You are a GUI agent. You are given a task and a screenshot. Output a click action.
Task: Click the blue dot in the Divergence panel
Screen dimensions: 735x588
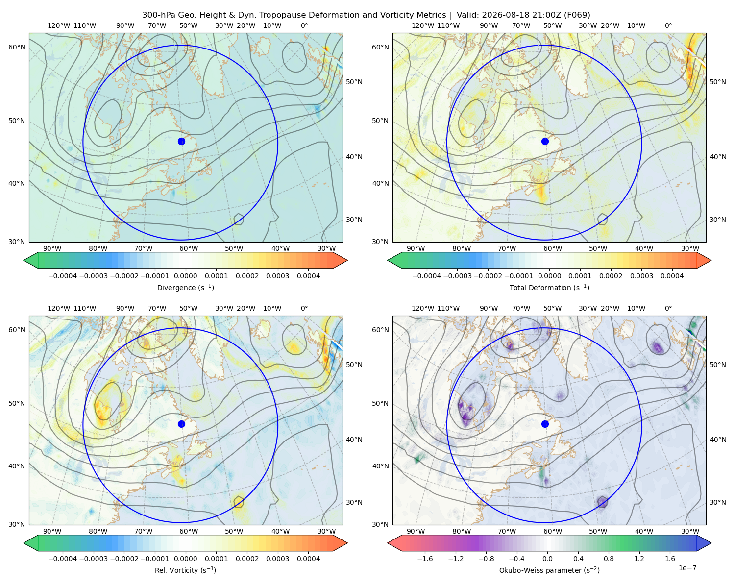(181, 141)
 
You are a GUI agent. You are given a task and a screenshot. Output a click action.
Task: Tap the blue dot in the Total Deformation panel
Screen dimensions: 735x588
(545, 141)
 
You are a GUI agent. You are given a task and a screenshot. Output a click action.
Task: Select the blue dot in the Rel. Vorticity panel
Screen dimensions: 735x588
(181, 424)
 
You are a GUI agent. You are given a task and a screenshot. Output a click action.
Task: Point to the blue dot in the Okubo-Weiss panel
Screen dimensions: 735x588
(545, 424)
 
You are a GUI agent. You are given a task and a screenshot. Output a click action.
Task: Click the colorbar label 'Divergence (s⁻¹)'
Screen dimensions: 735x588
(185, 287)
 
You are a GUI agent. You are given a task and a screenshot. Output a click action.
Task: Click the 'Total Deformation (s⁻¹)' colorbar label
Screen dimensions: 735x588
(549, 287)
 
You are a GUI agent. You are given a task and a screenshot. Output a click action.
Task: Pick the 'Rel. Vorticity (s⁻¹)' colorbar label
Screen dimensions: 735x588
(185, 570)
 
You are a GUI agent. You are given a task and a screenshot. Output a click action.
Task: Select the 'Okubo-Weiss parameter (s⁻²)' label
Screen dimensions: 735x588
(549, 570)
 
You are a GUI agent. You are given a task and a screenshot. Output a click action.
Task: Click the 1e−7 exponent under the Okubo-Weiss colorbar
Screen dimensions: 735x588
(687, 568)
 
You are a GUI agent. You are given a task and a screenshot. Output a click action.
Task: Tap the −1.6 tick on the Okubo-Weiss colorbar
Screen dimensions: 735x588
(425, 558)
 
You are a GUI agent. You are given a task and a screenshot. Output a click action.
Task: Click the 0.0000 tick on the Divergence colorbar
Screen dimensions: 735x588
(185, 276)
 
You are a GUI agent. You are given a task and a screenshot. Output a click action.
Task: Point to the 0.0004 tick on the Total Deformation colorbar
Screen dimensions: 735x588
(672, 276)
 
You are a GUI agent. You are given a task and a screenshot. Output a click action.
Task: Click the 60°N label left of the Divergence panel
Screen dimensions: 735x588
(17, 47)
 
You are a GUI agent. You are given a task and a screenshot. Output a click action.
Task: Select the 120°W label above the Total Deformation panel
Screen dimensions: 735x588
(422, 25)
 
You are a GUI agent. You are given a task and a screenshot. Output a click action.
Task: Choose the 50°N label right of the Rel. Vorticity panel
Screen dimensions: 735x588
(354, 365)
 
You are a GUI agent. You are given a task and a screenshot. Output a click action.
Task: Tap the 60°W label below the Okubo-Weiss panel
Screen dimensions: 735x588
(552, 531)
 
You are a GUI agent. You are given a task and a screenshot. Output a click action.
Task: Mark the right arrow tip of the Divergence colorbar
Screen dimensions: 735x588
(347, 260)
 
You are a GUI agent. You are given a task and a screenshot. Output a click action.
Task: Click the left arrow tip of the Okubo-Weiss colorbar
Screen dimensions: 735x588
(388, 543)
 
